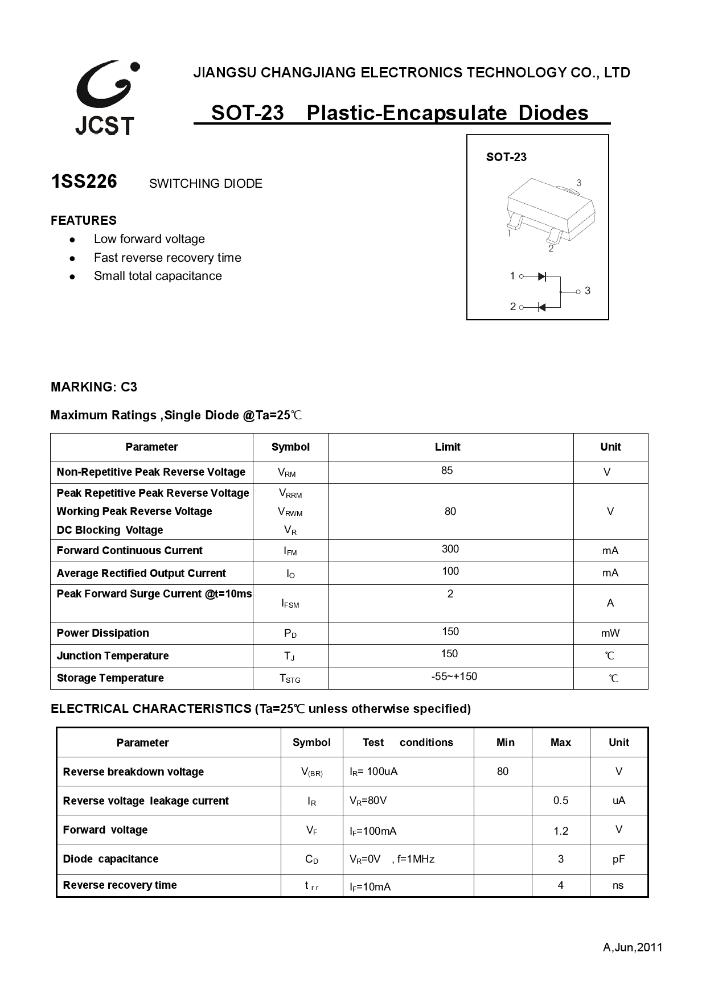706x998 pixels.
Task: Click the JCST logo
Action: click(x=106, y=98)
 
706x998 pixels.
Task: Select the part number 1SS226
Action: click(x=84, y=182)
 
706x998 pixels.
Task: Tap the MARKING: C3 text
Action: click(x=94, y=387)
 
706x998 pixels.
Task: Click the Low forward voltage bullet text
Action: click(x=149, y=239)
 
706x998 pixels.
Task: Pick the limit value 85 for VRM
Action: click(x=447, y=471)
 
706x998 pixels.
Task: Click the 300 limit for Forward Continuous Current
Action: click(x=450, y=549)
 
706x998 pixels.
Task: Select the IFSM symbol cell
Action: click(x=290, y=603)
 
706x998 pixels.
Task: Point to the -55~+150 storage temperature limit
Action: click(x=454, y=677)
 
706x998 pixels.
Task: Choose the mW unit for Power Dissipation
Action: click(x=610, y=633)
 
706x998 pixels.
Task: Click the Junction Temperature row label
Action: click(x=113, y=655)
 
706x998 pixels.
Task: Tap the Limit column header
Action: click(x=448, y=447)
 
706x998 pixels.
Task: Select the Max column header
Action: click(x=560, y=743)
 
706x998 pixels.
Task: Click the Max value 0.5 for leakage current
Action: click(x=560, y=801)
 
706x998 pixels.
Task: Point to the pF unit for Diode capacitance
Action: click(x=618, y=859)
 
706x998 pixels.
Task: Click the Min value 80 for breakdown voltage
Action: click(x=503, y=772)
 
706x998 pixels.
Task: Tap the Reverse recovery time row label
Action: click(x=120, y=885)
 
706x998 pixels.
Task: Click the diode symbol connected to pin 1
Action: click(x=541, y=277)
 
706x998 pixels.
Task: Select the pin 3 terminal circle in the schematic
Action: click(x=578, y=291)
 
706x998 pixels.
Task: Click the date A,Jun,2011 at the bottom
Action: click(x=633, y=947)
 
